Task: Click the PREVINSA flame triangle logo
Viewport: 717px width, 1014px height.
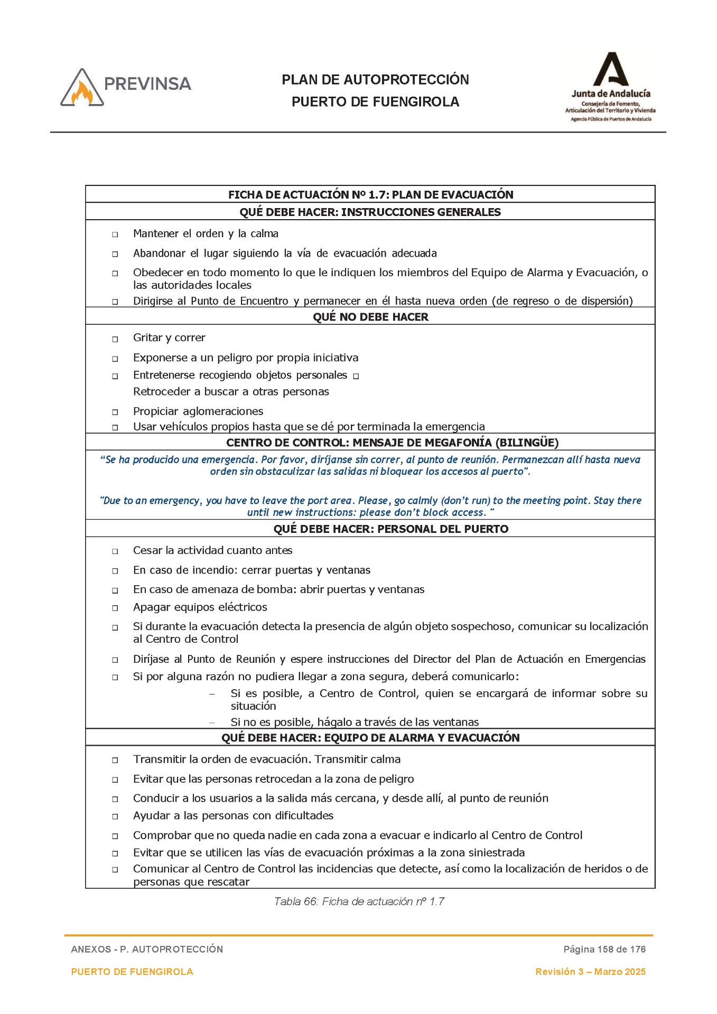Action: pos(82,89)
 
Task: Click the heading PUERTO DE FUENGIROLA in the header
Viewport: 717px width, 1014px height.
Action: pos(375,102)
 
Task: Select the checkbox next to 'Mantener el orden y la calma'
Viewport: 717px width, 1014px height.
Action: pos(115,234)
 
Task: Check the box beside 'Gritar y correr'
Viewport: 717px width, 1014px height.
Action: pos(115,339)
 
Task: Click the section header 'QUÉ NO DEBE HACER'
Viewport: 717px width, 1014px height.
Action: pos(370,317)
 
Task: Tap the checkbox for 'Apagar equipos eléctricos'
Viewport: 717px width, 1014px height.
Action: pos(115,608)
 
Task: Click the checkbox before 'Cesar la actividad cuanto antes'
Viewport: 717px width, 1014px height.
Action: pos(115,551)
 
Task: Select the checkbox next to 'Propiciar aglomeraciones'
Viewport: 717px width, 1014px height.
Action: pos(115,412)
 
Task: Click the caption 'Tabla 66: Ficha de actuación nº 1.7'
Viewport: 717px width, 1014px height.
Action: pos(359,902)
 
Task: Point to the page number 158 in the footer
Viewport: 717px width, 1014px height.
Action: pos(605,949)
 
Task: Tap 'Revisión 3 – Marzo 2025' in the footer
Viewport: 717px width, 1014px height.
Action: pos(590,972)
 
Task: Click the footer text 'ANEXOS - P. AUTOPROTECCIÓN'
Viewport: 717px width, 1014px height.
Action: pos(147,949)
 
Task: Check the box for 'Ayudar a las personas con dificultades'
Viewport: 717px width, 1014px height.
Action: pos(115,816)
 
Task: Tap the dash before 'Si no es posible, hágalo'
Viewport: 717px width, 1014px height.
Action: pos(212,722)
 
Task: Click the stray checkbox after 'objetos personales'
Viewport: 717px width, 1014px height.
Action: pos(356,377)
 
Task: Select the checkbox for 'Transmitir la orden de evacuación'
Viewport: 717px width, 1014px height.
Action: pos(115,760)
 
